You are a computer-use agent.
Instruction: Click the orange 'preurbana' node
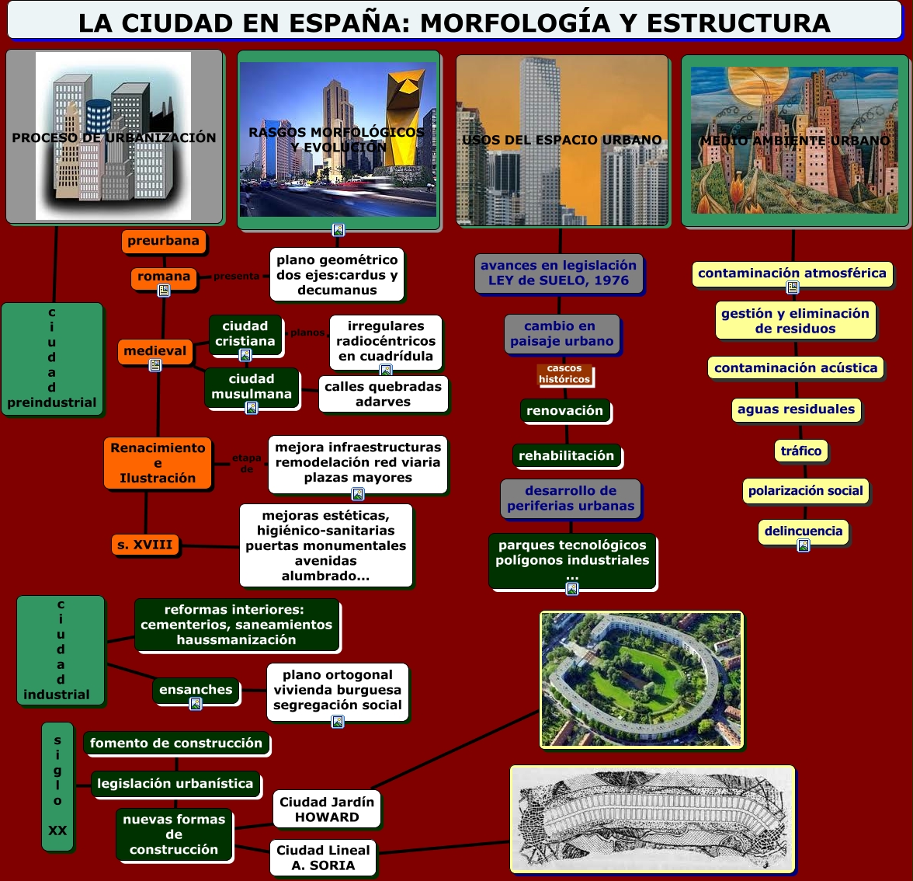point(163,241)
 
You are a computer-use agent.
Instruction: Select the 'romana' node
point(164,277)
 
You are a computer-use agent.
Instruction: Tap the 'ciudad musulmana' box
point(251,386)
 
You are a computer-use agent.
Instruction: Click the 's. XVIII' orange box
point(145,545)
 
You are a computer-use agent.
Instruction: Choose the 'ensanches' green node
point(196,689)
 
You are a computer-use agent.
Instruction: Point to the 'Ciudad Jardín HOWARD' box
point(326,809)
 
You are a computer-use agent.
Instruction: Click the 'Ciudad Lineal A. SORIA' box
point(323,858)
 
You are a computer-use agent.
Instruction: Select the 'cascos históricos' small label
point(564,374)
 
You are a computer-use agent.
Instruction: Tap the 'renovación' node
point(564,410)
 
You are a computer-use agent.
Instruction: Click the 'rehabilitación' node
point(566,455)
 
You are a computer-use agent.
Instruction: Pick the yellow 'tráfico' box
point(801,451)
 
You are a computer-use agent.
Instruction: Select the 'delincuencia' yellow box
point(803,531)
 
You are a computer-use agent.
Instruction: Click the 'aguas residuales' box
point(796,409)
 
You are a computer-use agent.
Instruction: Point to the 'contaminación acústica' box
point(796,367)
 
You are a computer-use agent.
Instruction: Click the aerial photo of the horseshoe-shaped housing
point(641,680)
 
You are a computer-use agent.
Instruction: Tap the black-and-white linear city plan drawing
point(652,818)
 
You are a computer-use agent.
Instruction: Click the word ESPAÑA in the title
point(349,23)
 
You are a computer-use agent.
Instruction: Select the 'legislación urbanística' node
point(175,783)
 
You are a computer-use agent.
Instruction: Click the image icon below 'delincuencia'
point(804,545)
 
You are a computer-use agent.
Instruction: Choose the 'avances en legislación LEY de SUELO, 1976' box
point(558,273)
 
